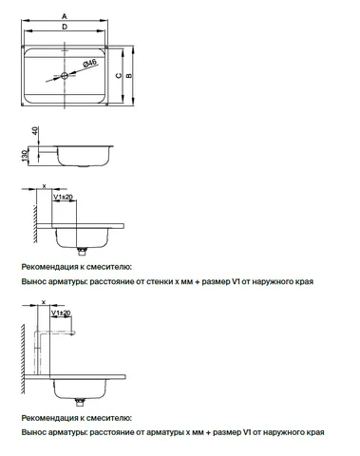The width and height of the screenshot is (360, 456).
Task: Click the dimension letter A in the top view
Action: [65, 16]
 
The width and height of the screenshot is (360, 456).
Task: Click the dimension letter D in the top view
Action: [65, 27]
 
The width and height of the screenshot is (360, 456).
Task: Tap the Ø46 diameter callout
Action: [90, 63]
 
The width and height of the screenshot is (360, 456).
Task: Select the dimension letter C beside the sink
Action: [119, 75]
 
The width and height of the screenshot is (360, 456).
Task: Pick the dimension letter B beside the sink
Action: [129, 76]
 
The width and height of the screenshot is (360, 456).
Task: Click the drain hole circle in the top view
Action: [65, 76]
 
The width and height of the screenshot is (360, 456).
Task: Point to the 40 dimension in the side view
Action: [35, 130]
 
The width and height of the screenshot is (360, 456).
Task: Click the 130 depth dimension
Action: [25, 156]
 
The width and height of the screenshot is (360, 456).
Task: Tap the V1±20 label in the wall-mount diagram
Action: [63, 197]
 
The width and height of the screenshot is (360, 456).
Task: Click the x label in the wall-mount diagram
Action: [44, 186]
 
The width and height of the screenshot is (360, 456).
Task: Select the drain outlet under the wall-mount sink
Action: [82, 251]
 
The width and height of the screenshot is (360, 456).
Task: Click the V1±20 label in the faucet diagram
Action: [61, 313]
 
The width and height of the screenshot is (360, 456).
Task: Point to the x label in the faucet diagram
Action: [44, 302]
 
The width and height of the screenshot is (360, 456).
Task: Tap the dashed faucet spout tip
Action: [73, 332]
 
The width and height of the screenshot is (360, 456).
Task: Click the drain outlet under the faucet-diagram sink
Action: [80, 402]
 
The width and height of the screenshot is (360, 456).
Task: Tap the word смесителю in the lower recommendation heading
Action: [108, 418]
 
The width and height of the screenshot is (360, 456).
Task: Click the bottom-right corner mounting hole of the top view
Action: [106, 104]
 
